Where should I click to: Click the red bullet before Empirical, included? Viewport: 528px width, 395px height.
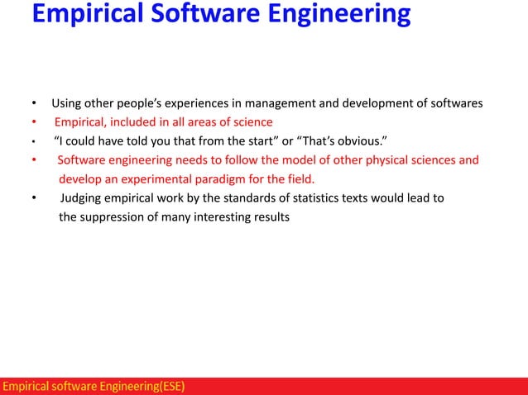34,122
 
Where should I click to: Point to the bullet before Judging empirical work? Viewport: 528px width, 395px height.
34,198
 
